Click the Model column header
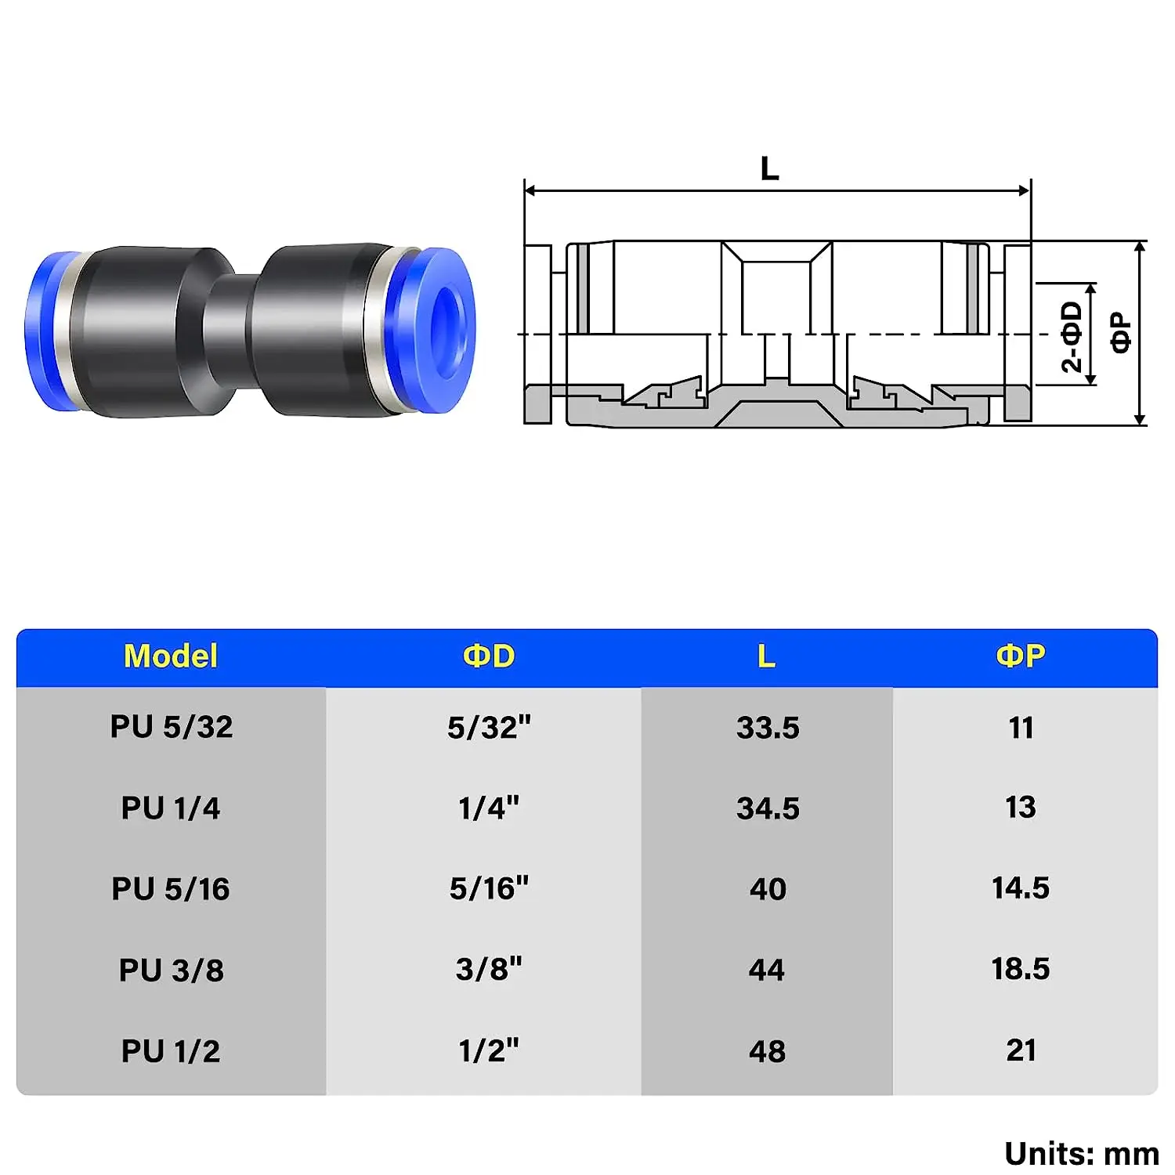tap(171, 656)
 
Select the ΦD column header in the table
tap(489, 656)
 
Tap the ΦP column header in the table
tap(1021, 656)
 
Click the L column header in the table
tap(766, 656)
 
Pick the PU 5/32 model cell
tap(171, 727)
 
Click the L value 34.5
tap(768, 808)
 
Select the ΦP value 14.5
tap(1021, 888)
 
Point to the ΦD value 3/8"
tap(489, 970)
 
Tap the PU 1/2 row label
tap(171, 1051)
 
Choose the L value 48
tap(767, 1051)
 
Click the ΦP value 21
tap(1021, 1050)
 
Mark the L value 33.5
tap(768, 728)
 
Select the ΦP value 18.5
tap(1021, 970)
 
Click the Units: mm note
tap(1082, 1154)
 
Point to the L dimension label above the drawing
tap(770, 168)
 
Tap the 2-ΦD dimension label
tap(1071, 337)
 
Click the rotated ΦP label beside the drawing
tap(1121, 333)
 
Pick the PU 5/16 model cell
tap(171, 889)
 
